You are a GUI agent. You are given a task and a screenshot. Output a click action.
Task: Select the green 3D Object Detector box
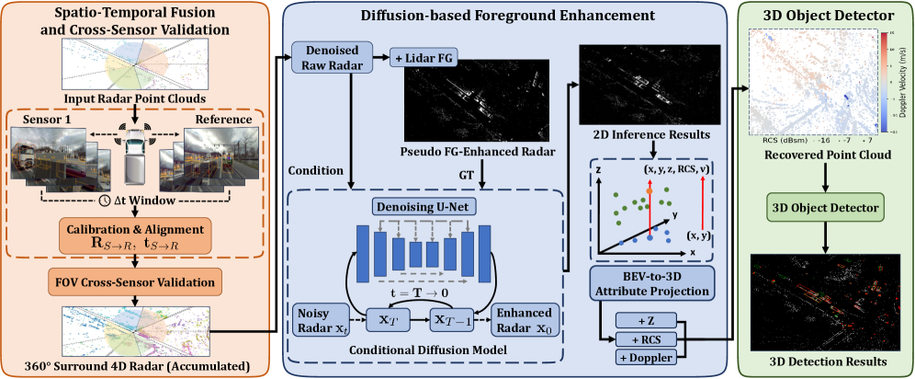824,204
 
